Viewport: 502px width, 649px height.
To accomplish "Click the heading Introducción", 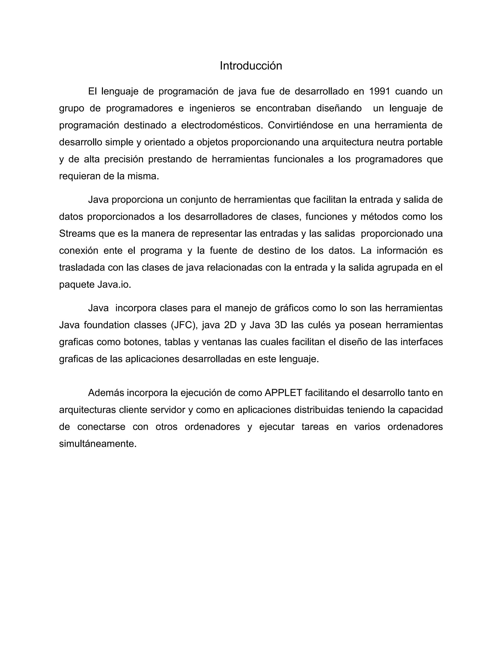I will pos(251,66).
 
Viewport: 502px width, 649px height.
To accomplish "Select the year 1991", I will pos(379,91).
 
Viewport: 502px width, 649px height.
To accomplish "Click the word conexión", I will pos(78,251).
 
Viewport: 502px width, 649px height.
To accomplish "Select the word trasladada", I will pos(82,267).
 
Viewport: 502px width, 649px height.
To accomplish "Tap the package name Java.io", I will pos(114,284).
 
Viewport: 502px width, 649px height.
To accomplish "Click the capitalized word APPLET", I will pos(283,393).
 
